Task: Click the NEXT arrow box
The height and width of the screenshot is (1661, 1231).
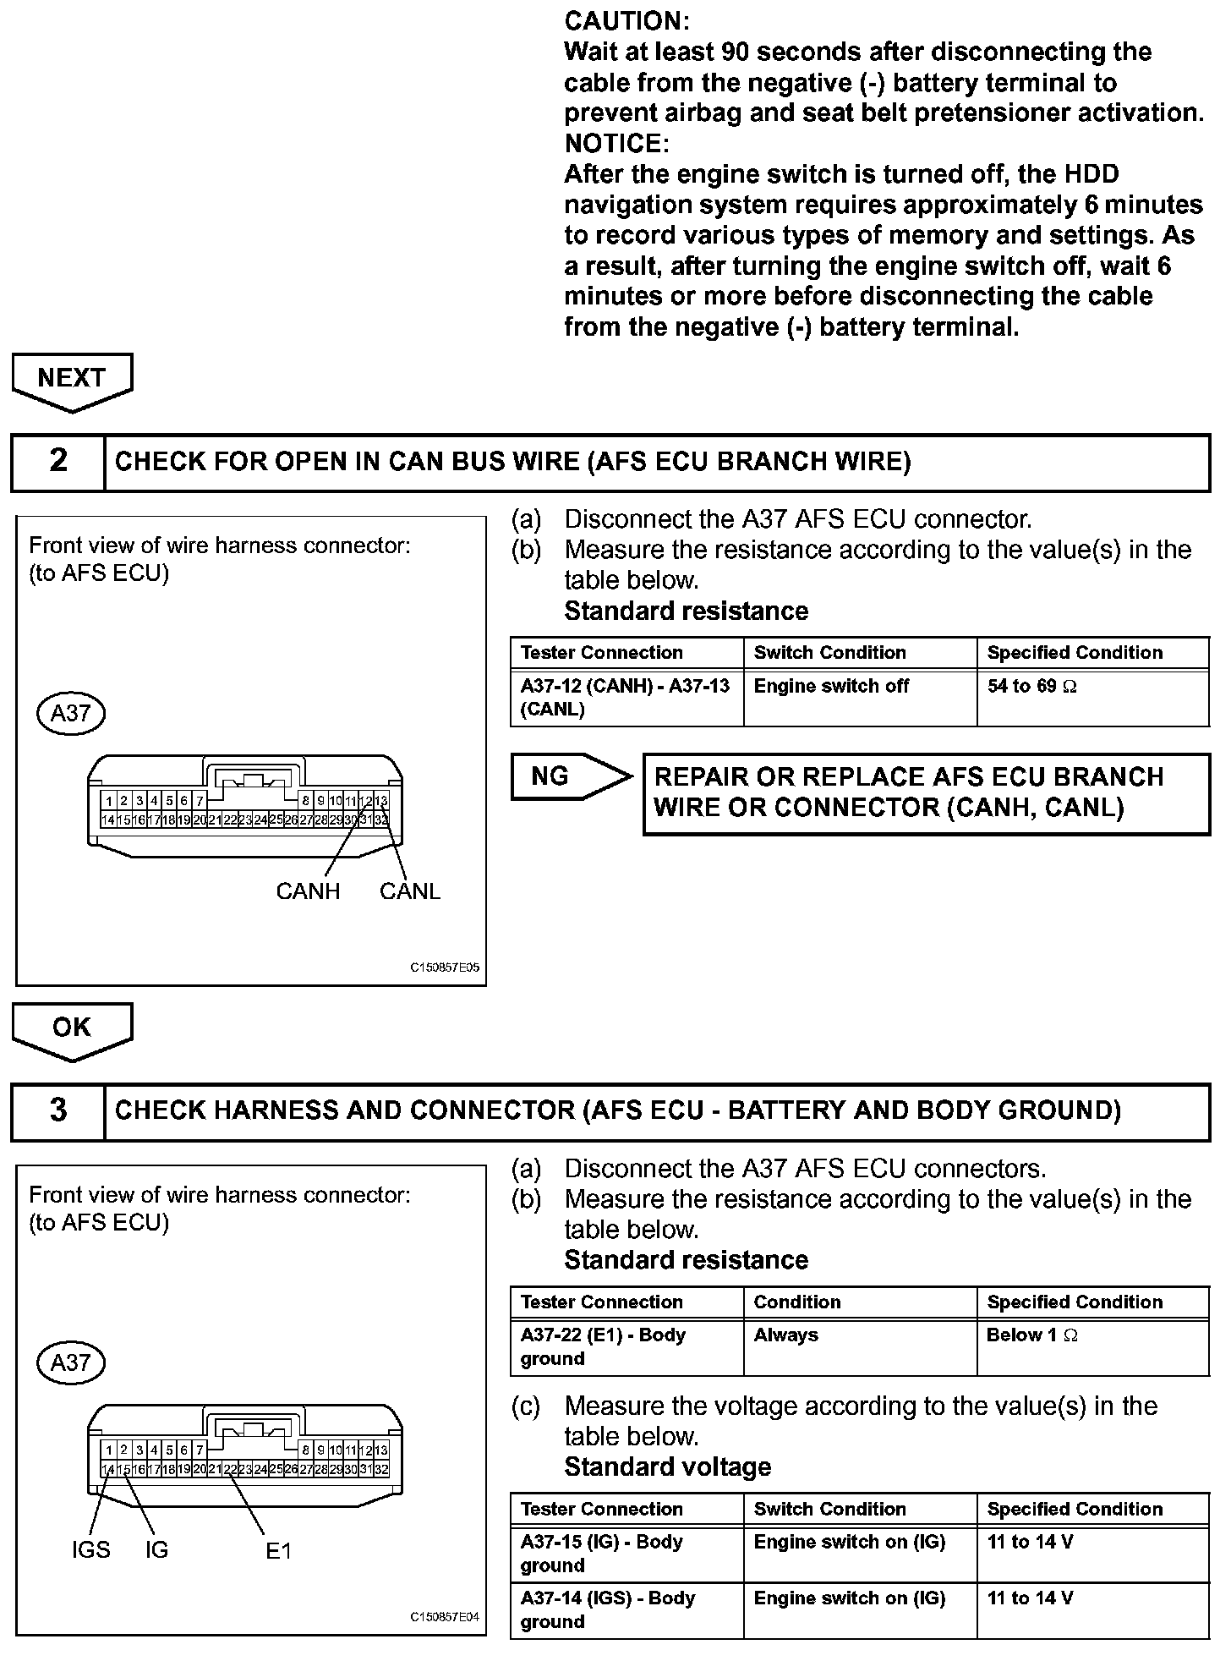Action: click(72, 378)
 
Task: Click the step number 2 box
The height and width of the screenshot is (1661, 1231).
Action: click(58, 461)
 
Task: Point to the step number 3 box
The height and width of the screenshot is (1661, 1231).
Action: click(58, 1110)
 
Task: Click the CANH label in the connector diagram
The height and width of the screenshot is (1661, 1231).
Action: click(308, 891)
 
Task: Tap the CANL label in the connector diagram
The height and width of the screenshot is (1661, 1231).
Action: click(410, 891)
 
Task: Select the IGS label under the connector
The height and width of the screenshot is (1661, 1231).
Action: click(90, 1549)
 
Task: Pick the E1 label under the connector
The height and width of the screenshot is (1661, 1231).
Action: click(278, 1550)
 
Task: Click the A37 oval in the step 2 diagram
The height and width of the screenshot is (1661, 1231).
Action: click(71, 713)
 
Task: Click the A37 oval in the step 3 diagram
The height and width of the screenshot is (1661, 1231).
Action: click(71, 1362)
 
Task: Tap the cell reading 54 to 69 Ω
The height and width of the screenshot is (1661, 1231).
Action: click(1031, 687)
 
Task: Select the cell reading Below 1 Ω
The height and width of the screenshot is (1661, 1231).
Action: click(1031, 1335)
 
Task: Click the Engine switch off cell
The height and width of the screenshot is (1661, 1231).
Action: click(830, 687)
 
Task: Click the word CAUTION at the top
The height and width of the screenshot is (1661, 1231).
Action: click(626, 21)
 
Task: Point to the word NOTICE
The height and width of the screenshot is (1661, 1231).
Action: click(616, 143)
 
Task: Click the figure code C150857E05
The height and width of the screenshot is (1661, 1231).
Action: click(445, 968)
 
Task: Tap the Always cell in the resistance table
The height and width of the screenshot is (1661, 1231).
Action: click(785, 1335)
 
